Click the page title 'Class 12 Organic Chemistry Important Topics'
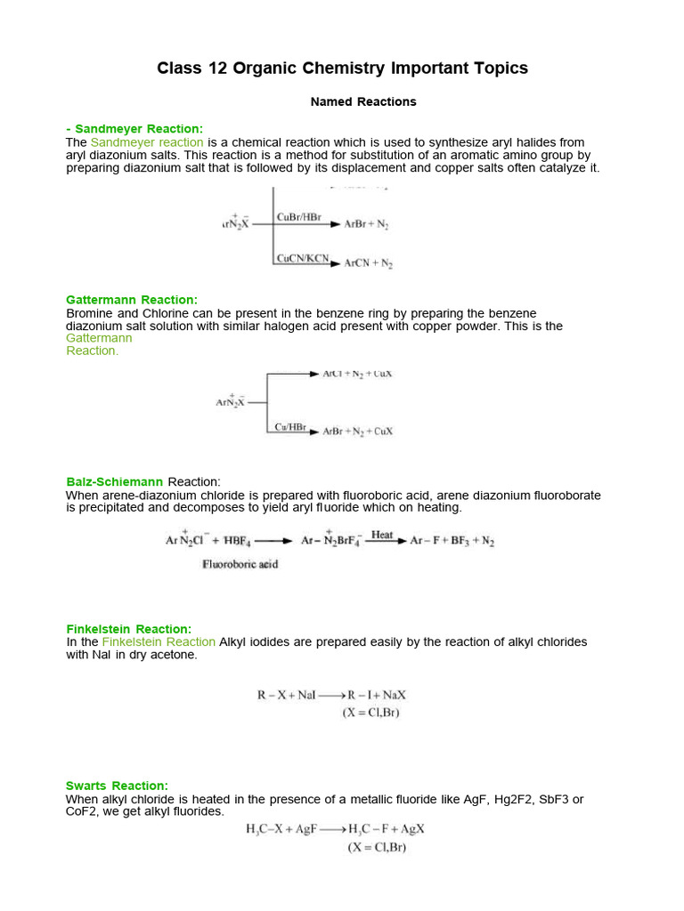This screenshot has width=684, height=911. [x=342, y=69]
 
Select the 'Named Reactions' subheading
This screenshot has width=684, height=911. [x=362, y=101]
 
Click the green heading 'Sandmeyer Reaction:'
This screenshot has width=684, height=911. [x=139, y=129]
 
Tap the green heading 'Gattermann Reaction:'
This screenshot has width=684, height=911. [x=132, y=300]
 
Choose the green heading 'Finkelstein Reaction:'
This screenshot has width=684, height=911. [x=128, y=629]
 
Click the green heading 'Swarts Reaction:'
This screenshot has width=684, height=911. [x=117, y=786]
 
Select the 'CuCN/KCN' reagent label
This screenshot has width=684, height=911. [x=302, y=259]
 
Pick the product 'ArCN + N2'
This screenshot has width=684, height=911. [x=369, y=264]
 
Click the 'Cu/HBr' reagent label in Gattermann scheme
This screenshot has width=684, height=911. [x=290, y=427]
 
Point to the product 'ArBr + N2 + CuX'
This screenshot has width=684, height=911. [x=358, y=431]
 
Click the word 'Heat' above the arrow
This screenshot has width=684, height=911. [x=382, y=534]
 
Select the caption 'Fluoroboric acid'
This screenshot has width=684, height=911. [x=240, y=564]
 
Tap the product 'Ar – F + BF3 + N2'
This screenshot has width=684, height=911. [x=452, y=541]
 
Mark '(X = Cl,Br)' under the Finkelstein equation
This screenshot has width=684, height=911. [x=371, y=713]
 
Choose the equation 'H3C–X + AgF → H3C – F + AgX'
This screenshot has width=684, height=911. [x=335, y=829]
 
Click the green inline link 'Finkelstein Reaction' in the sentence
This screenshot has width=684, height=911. [x=159, y=641]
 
